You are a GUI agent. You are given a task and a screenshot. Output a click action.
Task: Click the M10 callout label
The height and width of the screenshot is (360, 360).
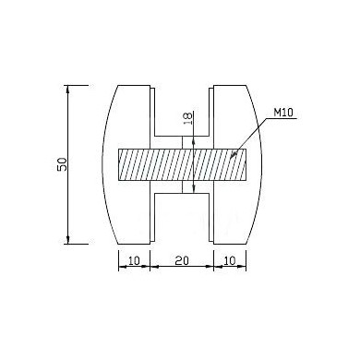tap(283, 113)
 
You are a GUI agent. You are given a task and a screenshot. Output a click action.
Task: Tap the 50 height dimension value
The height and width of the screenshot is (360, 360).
tap(62, 164)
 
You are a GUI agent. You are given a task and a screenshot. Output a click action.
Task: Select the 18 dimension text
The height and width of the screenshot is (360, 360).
tap(187, 118)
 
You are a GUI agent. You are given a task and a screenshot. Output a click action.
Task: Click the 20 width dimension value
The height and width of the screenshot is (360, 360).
tap(182, 261)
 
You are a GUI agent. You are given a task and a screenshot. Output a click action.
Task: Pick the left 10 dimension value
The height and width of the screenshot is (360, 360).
tap(134, 261)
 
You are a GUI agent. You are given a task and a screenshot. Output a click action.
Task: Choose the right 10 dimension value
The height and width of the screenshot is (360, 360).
tap(230, 261)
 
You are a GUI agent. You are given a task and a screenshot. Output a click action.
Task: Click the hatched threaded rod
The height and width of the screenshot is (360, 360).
tap(182, 164)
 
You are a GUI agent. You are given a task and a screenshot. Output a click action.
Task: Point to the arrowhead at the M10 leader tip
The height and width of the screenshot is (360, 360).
tap(234, 154)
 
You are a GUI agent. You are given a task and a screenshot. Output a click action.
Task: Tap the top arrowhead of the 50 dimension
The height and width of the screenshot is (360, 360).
tap(68, 90)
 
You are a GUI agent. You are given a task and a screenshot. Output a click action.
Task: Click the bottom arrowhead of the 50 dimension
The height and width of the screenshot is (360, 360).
tap(68, 240)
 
